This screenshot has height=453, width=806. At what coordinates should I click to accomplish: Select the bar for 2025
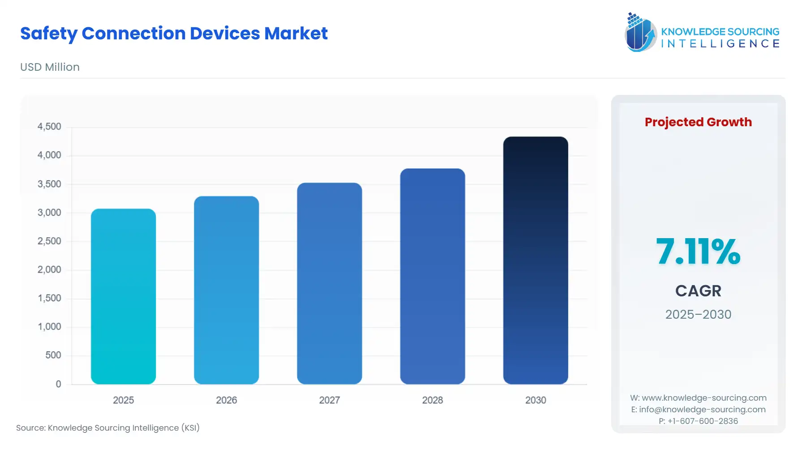pyautogui.click(x=123, y=296)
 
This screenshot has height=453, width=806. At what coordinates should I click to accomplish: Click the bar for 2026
pyautogui.click(x=226, y=290)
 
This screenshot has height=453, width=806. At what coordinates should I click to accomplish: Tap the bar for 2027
pyautogui.click(x=329, y=283)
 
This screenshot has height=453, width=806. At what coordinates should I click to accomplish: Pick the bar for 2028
pyautogui.click(x=432, y=276)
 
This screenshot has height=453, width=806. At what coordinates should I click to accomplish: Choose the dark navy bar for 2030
pyautogui.click(x=535, y=260)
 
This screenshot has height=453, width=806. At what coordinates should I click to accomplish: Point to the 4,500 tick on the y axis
pyautogui.click(x=49, y=127)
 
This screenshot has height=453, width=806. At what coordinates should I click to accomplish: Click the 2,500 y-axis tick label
pyautogui.click(x=49, y=241)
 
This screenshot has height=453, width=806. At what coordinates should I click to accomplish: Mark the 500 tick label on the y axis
pyautogui.click(x=53, y=355)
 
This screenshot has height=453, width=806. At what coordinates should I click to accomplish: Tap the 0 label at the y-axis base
pyautogui.click(x=58, y=384)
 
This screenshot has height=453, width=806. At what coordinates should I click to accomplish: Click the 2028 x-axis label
pyautogui.click(x=432, y=400)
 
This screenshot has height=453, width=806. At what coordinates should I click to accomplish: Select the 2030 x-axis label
pyautogui.click(x=535, y=400)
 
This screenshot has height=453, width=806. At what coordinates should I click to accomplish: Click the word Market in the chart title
pyautogui.click(x=296, y=34)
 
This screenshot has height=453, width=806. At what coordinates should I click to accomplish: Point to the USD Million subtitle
pyautogui.click(x=50, y=67)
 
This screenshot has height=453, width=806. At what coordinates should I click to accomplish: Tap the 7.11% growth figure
pyautogui.click(x=698, y=252)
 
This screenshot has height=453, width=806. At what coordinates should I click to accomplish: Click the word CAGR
pyautogui.click(x=698, y=291)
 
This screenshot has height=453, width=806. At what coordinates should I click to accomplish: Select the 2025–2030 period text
pyautogui.click(x=698, y=315)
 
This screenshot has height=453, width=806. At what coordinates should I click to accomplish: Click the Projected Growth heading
pyautogui.click(x=698, y=122)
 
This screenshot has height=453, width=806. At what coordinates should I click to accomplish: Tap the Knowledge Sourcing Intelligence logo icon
pyautogui.click(x=640, y=32)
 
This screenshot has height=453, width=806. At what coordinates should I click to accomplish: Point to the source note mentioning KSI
pyautogui.click(x=107, y=428)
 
